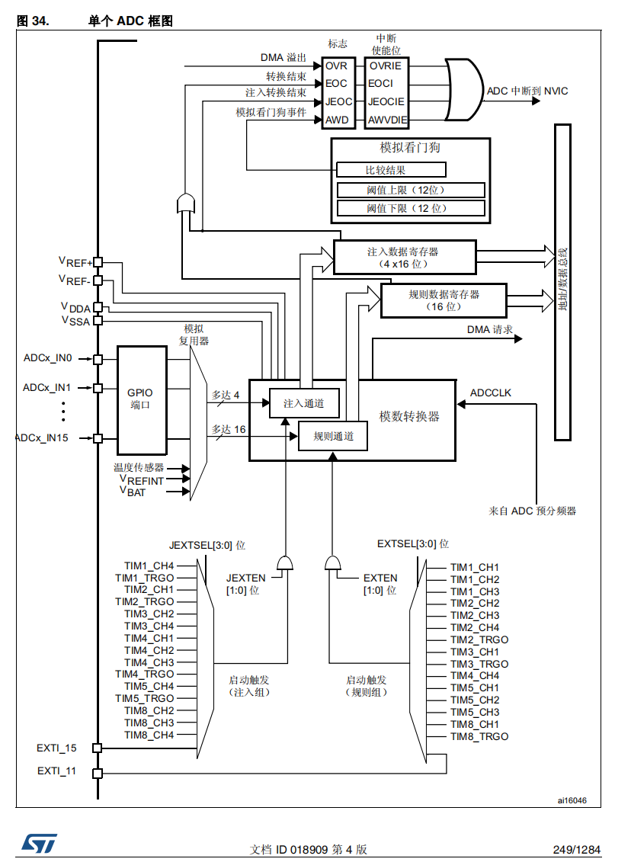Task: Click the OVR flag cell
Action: [336, 66]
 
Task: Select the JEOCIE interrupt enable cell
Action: [386, 101]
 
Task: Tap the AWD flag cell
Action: [336, 120]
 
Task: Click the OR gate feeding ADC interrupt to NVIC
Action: [463, 91]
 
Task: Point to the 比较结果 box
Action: [391, 170]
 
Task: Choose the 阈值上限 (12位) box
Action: [411, 190]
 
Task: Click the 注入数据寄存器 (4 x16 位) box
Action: [404, 257]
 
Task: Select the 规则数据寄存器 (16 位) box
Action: [443, 300]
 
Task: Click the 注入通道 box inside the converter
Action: [303, 403]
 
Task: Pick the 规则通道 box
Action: [332, 436]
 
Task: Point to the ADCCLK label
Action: [491, 393]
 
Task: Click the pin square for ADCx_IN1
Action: [97, 388]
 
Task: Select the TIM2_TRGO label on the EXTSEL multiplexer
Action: [479, 639]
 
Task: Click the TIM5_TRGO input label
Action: [145, 698]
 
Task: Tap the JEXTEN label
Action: [245, 578]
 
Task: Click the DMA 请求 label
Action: [489, 330]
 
